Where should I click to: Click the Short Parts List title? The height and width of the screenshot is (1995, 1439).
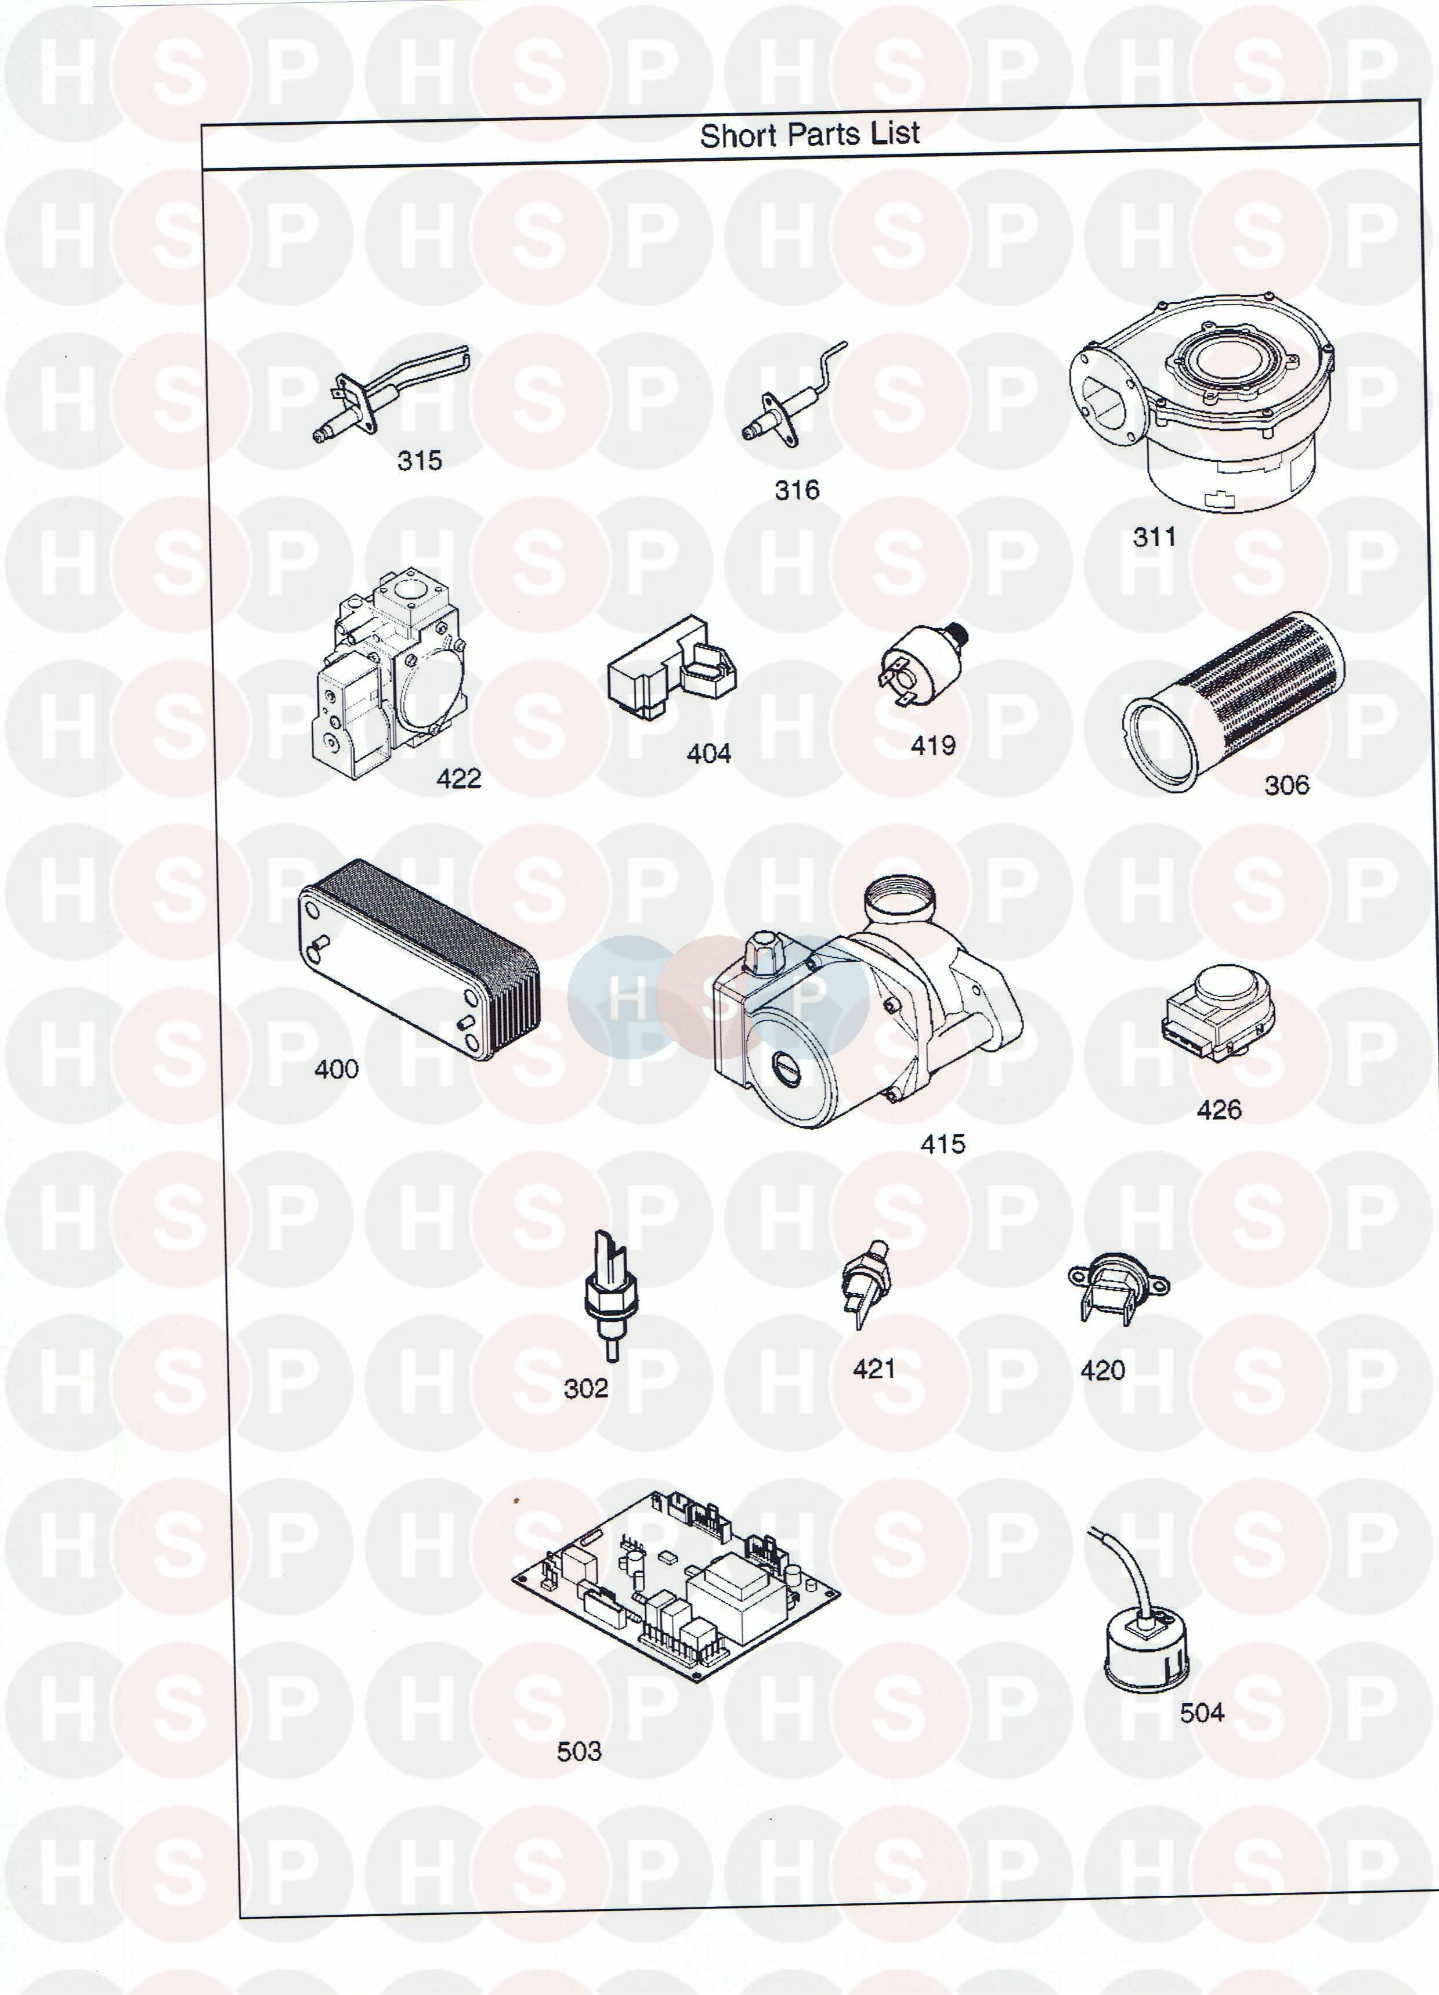tap(809, 135)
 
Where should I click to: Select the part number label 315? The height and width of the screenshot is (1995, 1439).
tap(420, 461)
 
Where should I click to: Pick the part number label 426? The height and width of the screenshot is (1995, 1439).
tap(1219, 1110)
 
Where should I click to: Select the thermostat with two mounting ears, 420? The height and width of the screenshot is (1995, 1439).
tap(1118, 1290)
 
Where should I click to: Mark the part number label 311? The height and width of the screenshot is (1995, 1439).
tap(1154, 536)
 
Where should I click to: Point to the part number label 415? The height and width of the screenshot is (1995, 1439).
tap(943, 1145)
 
